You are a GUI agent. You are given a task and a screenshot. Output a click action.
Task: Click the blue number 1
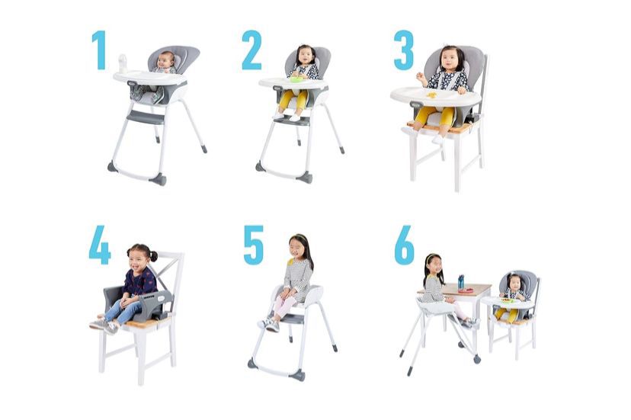(x=99, y=50)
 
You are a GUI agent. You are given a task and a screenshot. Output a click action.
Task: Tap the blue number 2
(x=252, y=50)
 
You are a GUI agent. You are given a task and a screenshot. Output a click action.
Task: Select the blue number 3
(x=404, y=50)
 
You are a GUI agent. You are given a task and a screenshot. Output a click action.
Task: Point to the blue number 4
(x=99, y=245)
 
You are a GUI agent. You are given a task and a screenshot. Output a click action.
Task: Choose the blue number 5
(x=254, y=245)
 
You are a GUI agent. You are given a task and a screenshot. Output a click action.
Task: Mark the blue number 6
(x=405, y=245)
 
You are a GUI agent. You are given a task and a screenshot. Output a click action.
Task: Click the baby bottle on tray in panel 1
(x=123, y=63)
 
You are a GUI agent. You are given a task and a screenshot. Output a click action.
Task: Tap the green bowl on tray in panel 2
(x=296, y=79)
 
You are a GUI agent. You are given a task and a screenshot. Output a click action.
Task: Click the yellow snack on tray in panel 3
(x=431, y=95)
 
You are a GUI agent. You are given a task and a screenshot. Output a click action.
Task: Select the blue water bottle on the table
(x=461, y=282)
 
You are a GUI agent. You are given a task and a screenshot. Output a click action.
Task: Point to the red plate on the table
(x=466, y=290)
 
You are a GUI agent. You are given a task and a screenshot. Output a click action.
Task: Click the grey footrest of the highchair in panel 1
(x=146, y=117)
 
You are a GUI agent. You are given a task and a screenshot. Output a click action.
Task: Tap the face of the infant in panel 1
(x=165, y=62)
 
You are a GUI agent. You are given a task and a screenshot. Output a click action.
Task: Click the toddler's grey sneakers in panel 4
(x=104, y=325)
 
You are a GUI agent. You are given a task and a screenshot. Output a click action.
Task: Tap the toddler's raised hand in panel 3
(x=420, y=77)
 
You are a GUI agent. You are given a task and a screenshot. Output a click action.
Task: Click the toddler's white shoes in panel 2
(x=287, y=117)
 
